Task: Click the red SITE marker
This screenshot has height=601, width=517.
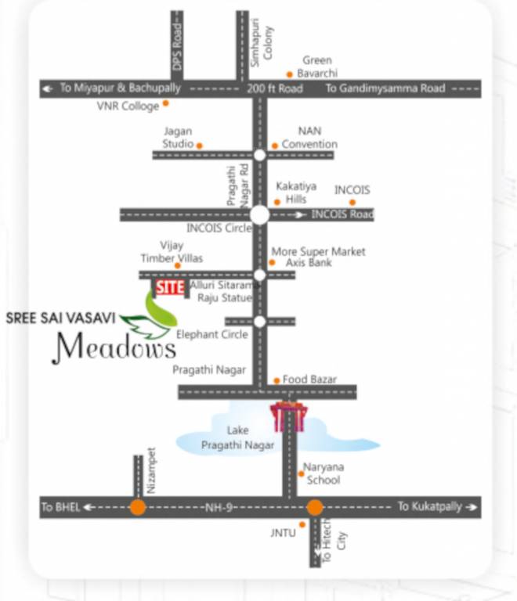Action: [169, 287]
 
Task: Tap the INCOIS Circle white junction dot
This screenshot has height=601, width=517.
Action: [259, 214]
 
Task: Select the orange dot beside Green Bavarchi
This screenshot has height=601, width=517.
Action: [290, 74]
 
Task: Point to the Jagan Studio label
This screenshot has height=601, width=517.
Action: [178, 138]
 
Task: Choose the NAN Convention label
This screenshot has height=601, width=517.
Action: [309, 138]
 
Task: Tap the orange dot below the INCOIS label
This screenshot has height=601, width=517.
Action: [352, 202]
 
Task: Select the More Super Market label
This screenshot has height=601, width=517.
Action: [318, 252]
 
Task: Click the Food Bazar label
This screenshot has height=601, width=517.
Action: [309, 380]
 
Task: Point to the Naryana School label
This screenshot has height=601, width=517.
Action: [324, 473]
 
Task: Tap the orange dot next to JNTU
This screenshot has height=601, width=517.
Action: [302, 524]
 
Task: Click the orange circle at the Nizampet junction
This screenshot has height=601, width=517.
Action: [138, 507]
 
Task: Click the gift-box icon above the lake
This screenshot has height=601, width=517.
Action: [287, 416]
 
